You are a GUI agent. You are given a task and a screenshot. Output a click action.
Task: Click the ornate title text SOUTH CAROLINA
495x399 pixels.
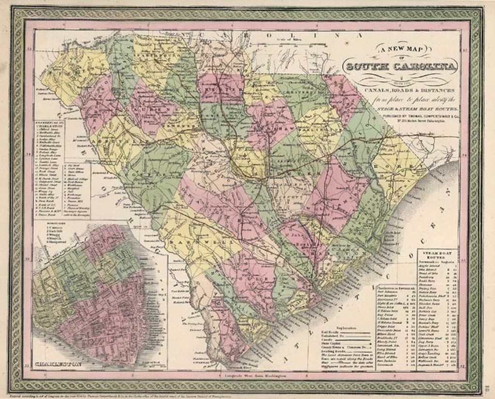(x=400, y=66)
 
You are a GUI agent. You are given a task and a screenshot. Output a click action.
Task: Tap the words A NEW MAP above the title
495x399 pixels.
(x=399, y=50)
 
